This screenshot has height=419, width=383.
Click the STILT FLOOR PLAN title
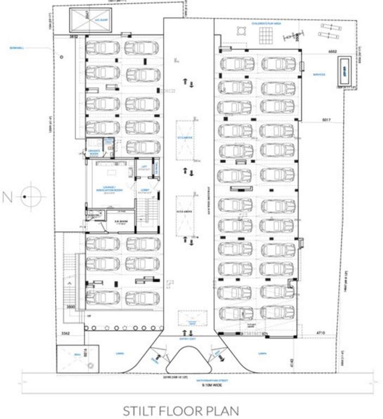pos(180,409)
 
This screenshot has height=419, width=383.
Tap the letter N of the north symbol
pos(7,197)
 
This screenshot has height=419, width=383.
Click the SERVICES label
pos(319,74)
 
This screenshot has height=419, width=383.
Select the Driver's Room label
pos(94,153)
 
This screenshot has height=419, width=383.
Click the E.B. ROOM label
pos(120,222)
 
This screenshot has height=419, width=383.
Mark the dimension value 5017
pos(326,119)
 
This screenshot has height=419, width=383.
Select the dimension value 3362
pos(65,332)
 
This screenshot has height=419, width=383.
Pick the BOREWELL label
pos(17,47)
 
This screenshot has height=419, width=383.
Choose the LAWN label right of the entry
pos(263,353)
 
